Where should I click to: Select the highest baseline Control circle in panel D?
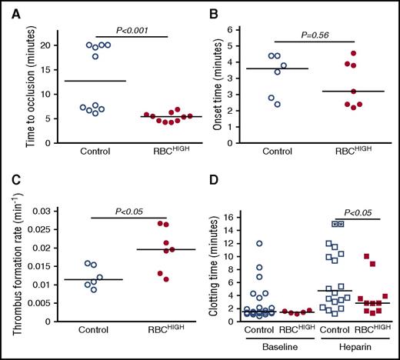click(x=262, y=244)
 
